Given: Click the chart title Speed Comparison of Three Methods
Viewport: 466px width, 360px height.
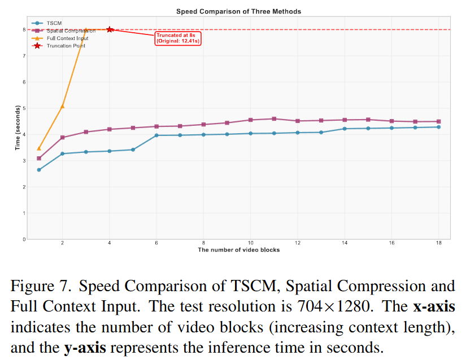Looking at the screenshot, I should point(238,11).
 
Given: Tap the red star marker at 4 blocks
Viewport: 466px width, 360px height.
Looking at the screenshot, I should point(110,29).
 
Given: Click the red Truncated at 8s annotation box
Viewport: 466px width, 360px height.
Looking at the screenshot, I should point(178,38).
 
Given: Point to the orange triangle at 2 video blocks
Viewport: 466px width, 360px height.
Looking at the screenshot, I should point(62,106).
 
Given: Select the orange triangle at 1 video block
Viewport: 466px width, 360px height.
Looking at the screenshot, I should point(39,148).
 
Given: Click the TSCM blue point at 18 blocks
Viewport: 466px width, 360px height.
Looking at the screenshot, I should point(438,127).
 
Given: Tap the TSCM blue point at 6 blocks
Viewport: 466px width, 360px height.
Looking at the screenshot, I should point(156,135).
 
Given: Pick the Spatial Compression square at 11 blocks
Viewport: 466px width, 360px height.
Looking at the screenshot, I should point(274,118).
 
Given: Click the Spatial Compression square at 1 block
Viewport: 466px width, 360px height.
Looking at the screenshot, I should point(39,159).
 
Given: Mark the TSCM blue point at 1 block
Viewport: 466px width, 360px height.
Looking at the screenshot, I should point(39,170).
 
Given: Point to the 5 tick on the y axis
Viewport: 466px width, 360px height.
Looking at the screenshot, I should point(24,108).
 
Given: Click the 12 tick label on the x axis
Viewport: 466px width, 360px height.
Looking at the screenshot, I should point(297,244).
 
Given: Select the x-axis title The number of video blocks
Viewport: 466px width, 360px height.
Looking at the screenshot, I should point(238,249).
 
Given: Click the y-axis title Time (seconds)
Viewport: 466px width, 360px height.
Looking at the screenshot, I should point(18,128).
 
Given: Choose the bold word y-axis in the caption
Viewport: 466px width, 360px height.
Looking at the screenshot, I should point(84,348).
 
